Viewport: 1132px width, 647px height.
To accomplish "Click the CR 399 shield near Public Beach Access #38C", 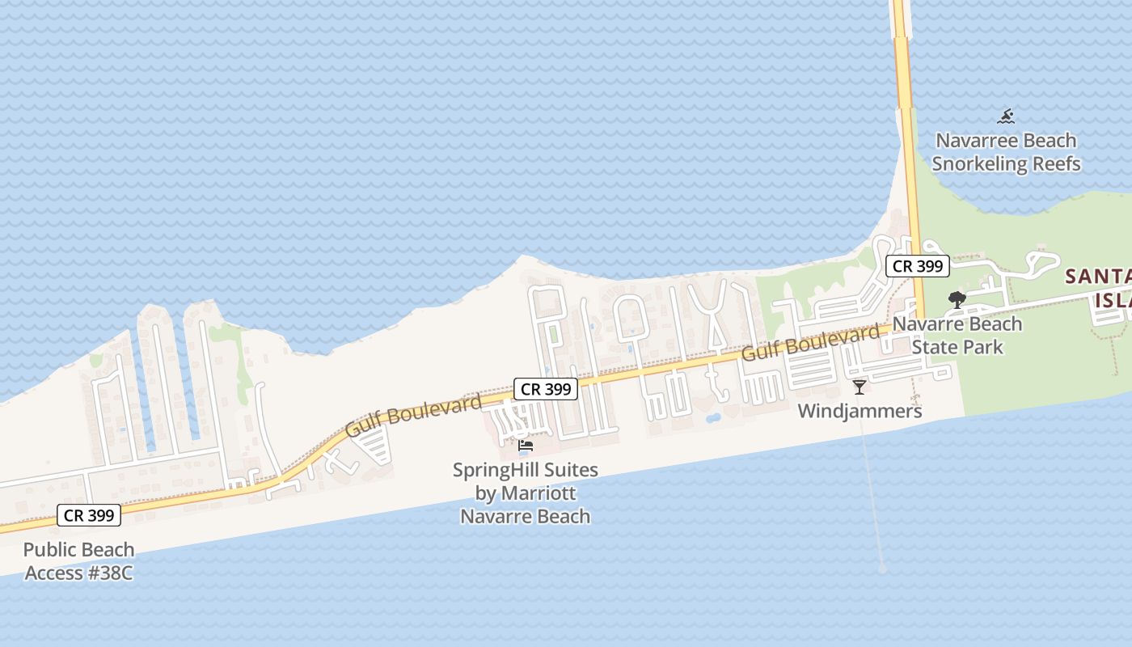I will [x=88, y=515].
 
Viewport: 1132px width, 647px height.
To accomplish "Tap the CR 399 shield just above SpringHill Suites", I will [x=546, y=389].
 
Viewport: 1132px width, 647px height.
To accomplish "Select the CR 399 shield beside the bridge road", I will [x=917, y=266].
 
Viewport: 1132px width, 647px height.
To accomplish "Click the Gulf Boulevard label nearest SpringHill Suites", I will [x=413, y=416].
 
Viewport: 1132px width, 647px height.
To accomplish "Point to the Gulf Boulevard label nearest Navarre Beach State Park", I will [x=810, y=342].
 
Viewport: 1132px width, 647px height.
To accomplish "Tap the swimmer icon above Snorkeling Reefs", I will [x=1006, y=116].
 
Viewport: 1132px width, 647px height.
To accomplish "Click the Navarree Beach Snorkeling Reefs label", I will [x=1006, y=152].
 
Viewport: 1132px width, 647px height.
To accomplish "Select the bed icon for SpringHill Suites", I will [x=526, y=446].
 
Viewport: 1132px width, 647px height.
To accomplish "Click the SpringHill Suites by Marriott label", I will [x=526, y=493].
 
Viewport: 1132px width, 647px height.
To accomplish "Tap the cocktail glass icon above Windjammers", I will [x=860, y=387].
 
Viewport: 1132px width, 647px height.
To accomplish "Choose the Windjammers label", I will [x=860, y=412].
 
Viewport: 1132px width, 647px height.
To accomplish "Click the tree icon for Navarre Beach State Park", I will [x=957, y=300].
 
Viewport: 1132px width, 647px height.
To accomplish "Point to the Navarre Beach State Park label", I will [x=957, y=336].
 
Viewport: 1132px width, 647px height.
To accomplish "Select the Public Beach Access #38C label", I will [x=78, y=561].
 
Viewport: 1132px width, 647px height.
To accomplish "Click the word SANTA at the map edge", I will [x=1098, y=277].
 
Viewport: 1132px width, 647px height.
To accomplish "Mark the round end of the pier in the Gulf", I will [x=883, y=569].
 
